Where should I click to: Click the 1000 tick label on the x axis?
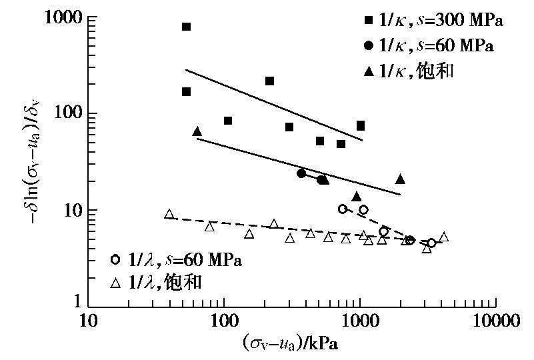coord(361,321)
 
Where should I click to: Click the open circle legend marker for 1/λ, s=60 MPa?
coord(115,259)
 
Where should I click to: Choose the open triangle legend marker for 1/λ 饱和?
coord(115,283)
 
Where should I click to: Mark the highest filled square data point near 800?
coord(186,27)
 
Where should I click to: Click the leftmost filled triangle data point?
coord(197,131)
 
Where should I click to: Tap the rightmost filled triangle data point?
coord(400,179)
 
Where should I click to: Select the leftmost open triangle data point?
coord(169,214)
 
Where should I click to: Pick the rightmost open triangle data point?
coord(444,237)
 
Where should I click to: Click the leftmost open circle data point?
coord(343,209)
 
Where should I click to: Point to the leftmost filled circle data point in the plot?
coord(301,173)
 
